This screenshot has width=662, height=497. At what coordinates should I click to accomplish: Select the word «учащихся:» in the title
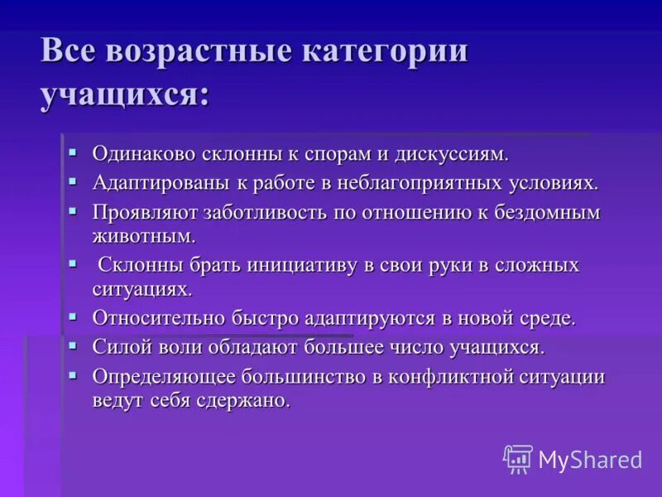click(x=124, y=94)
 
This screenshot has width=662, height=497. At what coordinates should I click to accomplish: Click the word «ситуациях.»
click(x=142, y=289)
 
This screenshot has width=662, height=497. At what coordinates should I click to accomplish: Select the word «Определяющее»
click(x=163, y=377)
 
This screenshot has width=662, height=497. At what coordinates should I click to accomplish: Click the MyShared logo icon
click(x=518, y=459)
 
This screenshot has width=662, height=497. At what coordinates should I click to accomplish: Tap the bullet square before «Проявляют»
click(x=73, y=210)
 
